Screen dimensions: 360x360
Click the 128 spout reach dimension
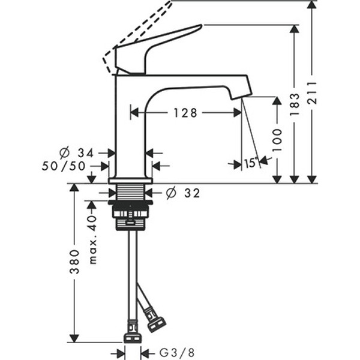(185, 113)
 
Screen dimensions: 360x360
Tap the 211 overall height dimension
(312, 92)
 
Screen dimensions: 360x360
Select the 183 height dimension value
(295, 104)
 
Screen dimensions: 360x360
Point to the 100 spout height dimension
(277, 140)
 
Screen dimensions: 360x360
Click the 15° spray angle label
(251, 163)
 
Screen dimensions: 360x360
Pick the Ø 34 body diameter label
(76, 153)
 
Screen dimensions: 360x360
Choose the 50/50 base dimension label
(64, 166)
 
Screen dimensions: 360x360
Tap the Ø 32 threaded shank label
(183, 193)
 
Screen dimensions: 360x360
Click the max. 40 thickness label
(92, 239)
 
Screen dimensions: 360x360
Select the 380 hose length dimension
(74, 262)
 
